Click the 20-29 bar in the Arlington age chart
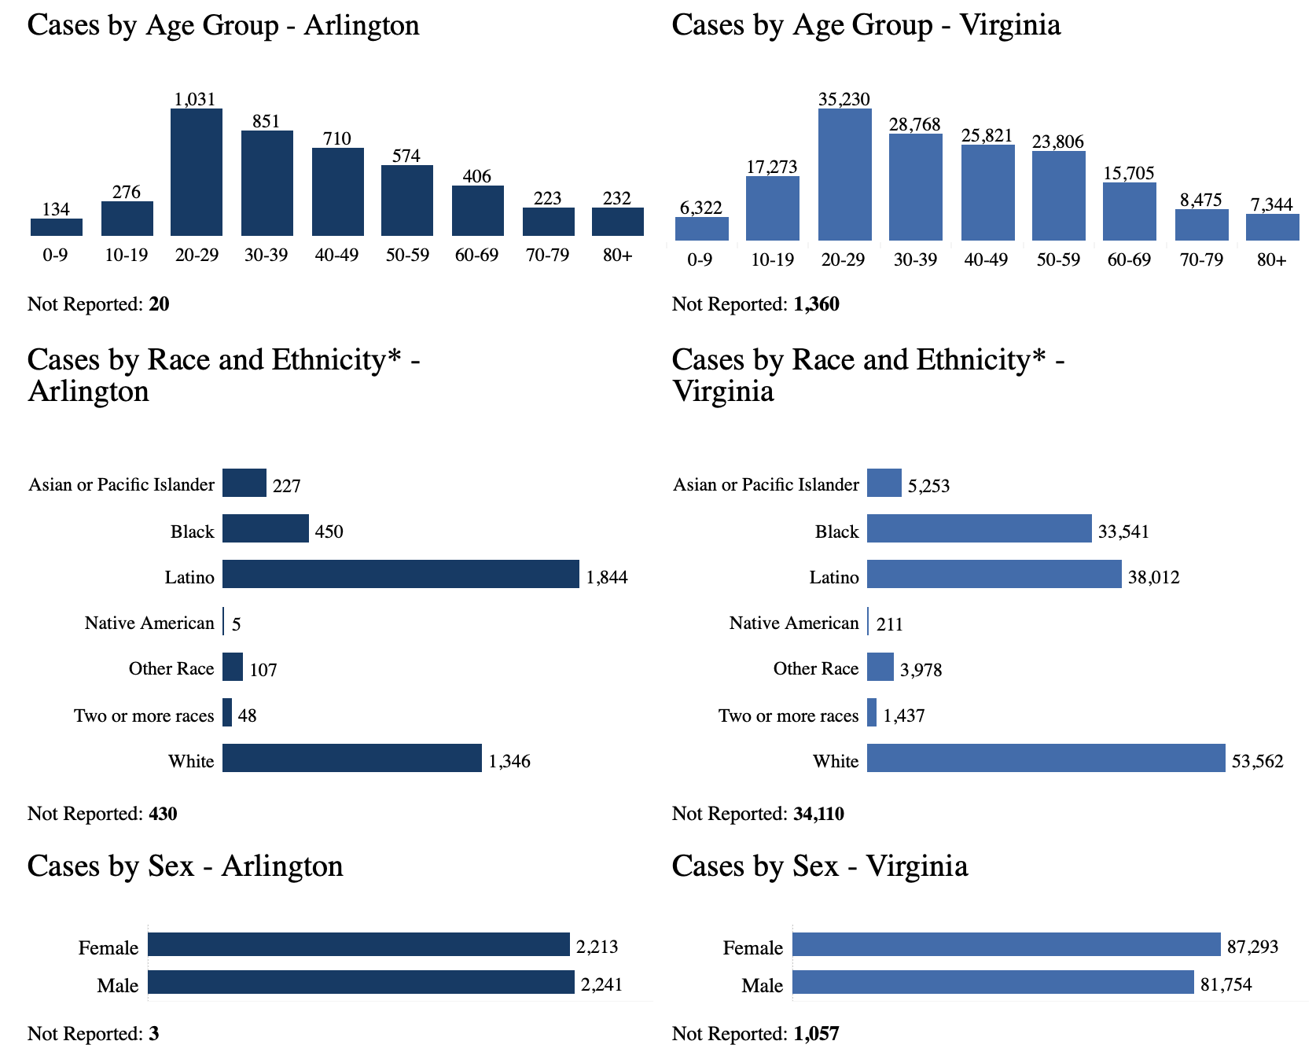(197, 172)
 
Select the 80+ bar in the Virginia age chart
(1272, 226)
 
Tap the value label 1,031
(194, 99)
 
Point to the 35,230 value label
(844, 99)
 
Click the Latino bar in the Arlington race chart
(401, 574)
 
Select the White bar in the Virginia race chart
(1046, 758)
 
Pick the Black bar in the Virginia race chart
(979, 528)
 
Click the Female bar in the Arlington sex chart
(358, 944)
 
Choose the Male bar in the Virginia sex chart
(993, 982)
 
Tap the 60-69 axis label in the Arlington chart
(477, 255)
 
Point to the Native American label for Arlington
(149, 623)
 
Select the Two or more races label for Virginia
(788, 715)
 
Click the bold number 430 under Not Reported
(163, 814)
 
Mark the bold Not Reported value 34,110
(818, 814)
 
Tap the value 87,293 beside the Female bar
(1252, 947)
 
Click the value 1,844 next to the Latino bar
(607, 579)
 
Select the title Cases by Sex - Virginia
(820, 866)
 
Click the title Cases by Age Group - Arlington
(223, 25)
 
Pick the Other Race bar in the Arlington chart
(233, 667)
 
